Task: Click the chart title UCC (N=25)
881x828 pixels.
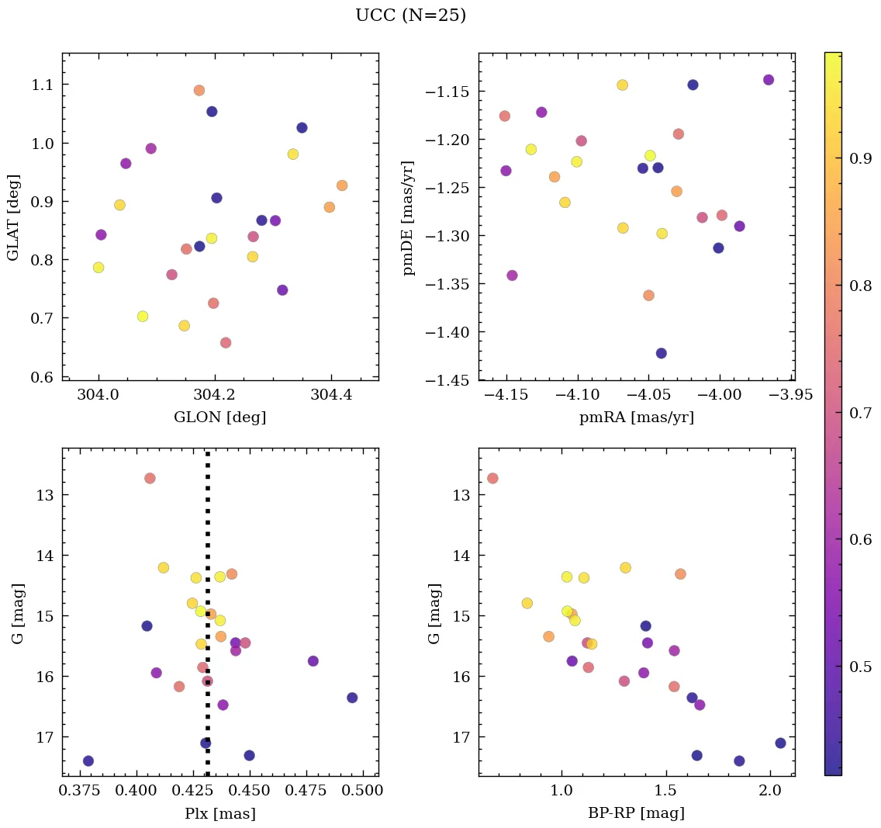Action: (x=410, y=16)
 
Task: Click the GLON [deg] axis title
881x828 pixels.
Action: (x=220, y=417)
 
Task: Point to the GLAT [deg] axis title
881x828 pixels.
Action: (x=13, y=217)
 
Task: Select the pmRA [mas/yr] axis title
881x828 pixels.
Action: (x=636, y=417)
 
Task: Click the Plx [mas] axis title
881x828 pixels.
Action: (x=220, y=813)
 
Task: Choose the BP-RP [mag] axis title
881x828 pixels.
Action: (x=636, y=813)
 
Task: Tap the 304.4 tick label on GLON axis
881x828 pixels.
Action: (x=332, y=395)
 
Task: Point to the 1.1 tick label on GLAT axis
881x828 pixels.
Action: (x=45, y=85)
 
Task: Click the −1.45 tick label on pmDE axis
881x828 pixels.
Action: (x=446, y=380)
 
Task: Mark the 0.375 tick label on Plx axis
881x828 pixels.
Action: (x=78, y=791)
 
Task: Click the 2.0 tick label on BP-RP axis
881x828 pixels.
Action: (x=770, y=791)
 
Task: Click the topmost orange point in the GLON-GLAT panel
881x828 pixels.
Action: (x=199, y=90)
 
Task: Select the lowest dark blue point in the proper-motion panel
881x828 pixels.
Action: (x=662, y=353)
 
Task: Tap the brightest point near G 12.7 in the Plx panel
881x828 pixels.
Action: (x=150, y=478)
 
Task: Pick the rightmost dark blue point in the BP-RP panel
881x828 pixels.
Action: (x=780, y=743)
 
